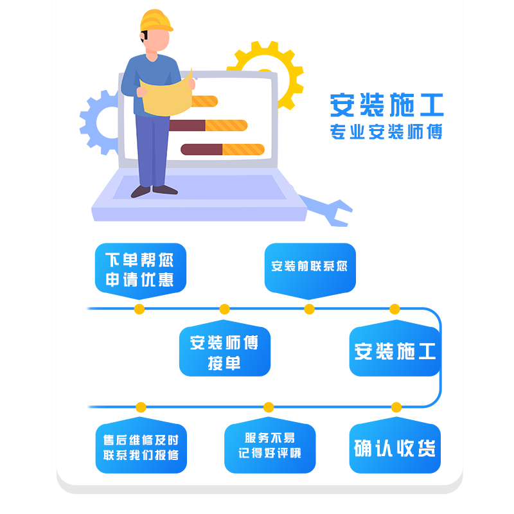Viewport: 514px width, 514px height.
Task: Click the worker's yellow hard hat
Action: tap(156, 21)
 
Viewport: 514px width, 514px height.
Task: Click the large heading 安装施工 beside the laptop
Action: tap(386, 104)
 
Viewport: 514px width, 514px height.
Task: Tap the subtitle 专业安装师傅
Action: tap(386, 132)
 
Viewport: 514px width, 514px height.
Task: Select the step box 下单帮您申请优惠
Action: tap(140, 269)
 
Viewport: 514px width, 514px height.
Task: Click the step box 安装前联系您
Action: tap(309, 266)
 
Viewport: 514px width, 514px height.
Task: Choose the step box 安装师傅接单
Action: tap(224, 351)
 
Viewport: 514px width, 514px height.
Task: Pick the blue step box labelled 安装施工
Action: tap(394, 351)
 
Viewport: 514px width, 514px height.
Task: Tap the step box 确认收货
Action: tap(394, 448)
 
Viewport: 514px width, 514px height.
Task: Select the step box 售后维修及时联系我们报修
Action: tap(141, 448)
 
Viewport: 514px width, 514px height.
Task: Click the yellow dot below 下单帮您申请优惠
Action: tap(139, 309)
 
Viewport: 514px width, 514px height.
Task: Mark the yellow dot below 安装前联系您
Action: tap(309, 309)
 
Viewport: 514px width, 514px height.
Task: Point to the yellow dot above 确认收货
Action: tap(396, 407)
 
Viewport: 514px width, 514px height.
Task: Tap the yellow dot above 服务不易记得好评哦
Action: tap(269, 407)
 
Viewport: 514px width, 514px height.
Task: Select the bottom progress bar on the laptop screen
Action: tap(222, 150)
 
